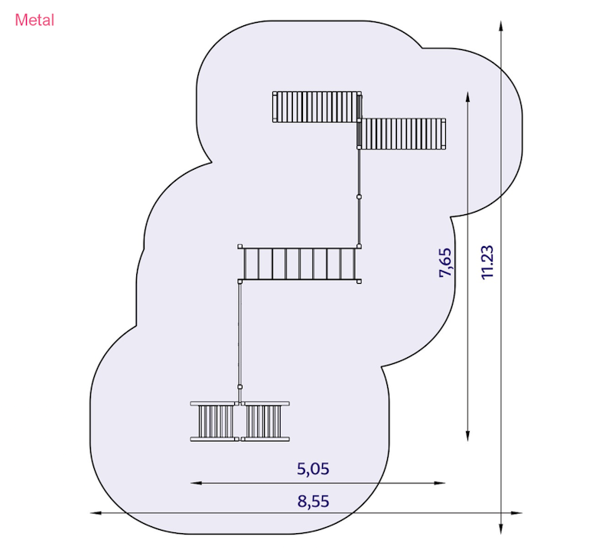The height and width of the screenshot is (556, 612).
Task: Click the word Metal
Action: (34, 21)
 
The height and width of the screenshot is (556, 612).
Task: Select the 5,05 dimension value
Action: (313, 469)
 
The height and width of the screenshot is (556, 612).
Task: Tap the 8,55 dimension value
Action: (313, 501)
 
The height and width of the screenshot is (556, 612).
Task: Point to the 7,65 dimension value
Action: (445, 262)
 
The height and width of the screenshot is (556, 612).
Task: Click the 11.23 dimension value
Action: (487, 262)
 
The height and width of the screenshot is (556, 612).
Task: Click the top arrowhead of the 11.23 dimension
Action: (501, 26)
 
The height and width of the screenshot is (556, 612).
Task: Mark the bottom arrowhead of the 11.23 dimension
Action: (501, 528)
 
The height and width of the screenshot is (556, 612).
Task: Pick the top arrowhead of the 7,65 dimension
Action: (467, 97)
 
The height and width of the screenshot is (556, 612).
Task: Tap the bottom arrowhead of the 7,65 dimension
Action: (467, 436)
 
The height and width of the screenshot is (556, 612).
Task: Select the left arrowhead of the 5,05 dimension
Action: (196, 483)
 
